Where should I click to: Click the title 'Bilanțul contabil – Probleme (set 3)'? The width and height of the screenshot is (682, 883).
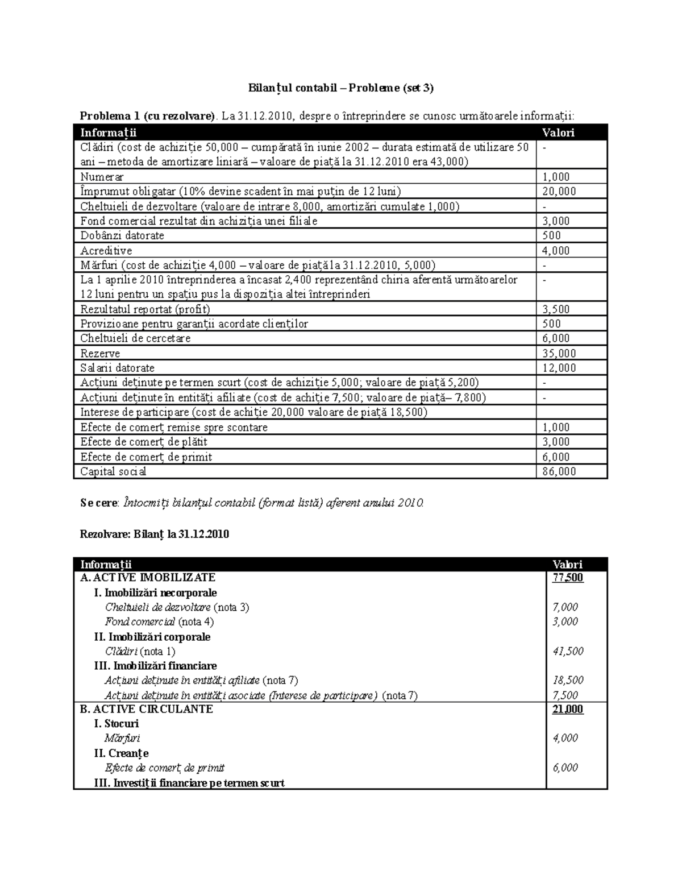(340, 88)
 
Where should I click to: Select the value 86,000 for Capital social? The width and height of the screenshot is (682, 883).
(559, 471)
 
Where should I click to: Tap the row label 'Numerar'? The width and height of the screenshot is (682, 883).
(102, 177)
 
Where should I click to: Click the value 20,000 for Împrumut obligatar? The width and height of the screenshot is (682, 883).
(559, 192)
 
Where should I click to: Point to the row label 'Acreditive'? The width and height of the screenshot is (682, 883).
(106, 251)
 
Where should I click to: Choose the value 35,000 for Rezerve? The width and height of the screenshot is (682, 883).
(559, 353)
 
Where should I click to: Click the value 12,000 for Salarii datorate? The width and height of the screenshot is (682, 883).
(559, 368)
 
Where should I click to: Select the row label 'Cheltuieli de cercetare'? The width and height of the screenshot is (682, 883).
(135, 338)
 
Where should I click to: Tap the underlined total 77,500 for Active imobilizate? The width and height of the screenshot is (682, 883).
(568, 578)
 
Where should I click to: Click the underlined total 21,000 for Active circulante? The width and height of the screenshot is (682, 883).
(568, 709)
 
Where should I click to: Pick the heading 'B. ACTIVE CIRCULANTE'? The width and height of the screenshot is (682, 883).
(147, 709)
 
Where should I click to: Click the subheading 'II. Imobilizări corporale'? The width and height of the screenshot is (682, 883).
(152, 637)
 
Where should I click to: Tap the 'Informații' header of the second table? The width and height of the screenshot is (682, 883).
(106, 565)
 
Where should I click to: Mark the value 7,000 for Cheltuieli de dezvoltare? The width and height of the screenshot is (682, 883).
(565, 607)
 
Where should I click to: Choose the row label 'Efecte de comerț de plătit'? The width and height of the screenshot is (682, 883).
(143, 442)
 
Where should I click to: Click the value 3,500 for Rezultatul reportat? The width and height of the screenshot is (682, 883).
(556, 309)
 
